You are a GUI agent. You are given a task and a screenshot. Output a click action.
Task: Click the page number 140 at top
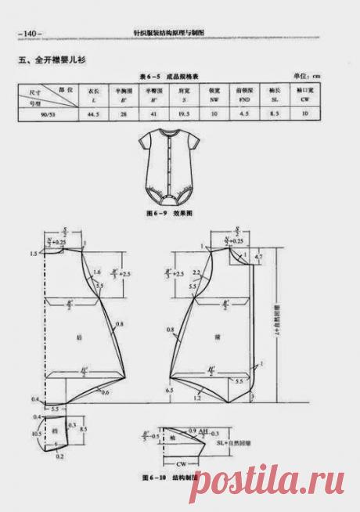[31, 34]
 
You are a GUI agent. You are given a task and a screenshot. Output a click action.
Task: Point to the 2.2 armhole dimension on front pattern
[196, 271]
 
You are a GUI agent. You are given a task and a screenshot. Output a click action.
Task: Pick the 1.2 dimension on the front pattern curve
[195, 398]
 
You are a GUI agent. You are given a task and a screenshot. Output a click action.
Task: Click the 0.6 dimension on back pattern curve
[103, 391]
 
